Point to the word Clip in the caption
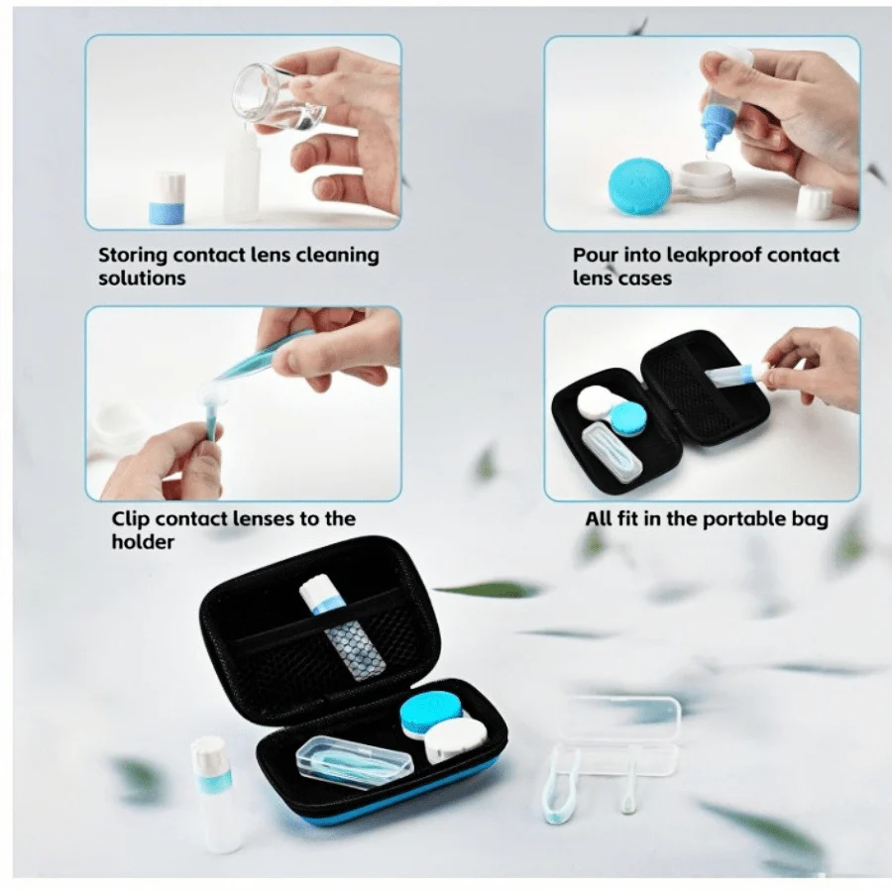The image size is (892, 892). [x=132, y=518]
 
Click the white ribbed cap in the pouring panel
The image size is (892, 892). [x=814, y=202]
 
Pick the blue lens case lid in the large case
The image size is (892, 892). [x=431, y=709]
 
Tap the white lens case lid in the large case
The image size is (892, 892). [x=458, y=739]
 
